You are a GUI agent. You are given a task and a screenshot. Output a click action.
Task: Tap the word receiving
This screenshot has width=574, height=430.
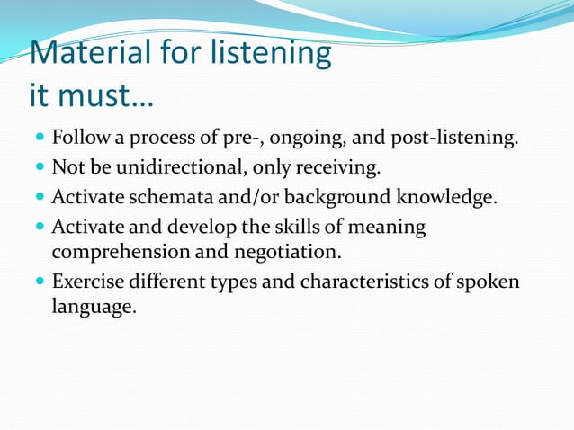click(343, 168)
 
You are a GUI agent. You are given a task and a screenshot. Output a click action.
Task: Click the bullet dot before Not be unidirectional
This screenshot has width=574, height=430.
click(38, 168)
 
